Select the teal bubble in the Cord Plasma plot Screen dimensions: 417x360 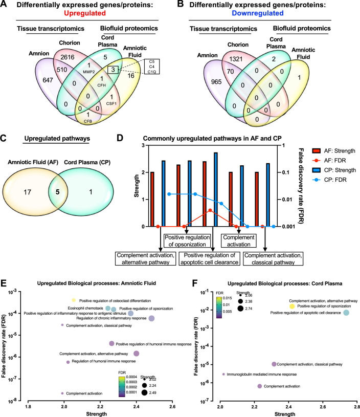click(346, 313)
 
